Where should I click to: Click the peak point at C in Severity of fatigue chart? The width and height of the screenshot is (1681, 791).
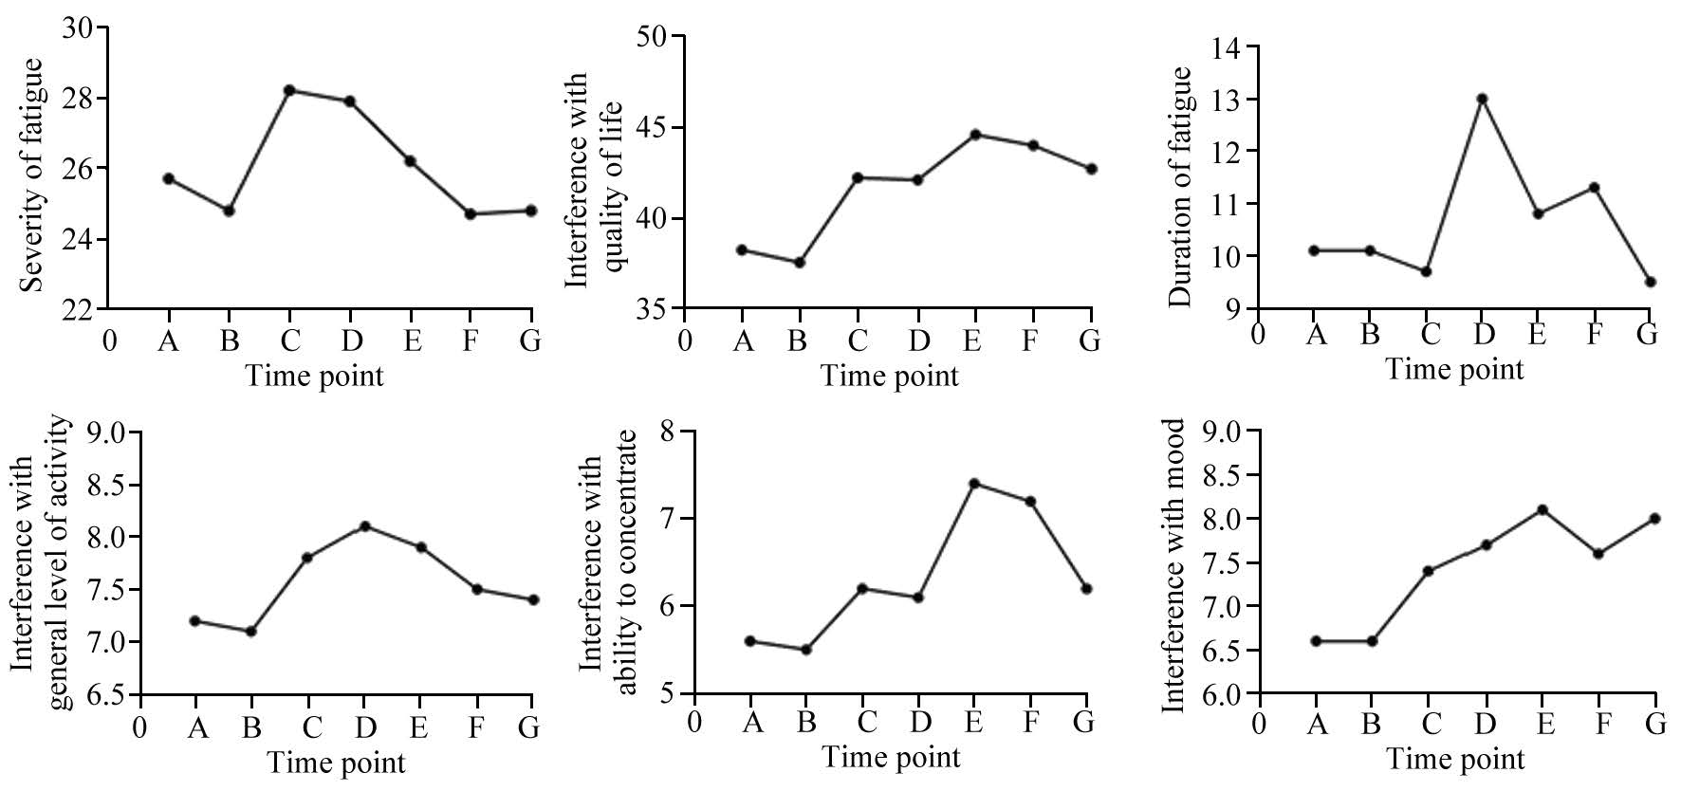point(289,90)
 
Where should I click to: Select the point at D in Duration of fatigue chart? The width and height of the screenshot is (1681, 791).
point(1482,99)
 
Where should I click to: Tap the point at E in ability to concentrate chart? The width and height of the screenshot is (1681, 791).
point(973,484)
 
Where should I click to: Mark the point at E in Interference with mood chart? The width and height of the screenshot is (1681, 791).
point(1543,509)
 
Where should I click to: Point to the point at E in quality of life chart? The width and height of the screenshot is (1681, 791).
point(974,135)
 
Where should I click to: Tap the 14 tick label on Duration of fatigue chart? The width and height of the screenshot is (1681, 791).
point(1230,46)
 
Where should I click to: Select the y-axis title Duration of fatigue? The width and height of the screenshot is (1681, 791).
point(1180,187)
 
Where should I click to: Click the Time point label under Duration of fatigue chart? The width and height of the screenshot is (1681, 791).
point(1454,369)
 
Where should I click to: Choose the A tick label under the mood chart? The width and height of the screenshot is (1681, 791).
point(1317,724)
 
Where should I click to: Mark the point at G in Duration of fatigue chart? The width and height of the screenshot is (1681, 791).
point(1651,282)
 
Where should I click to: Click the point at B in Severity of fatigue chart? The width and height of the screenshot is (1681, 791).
point(229,211)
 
